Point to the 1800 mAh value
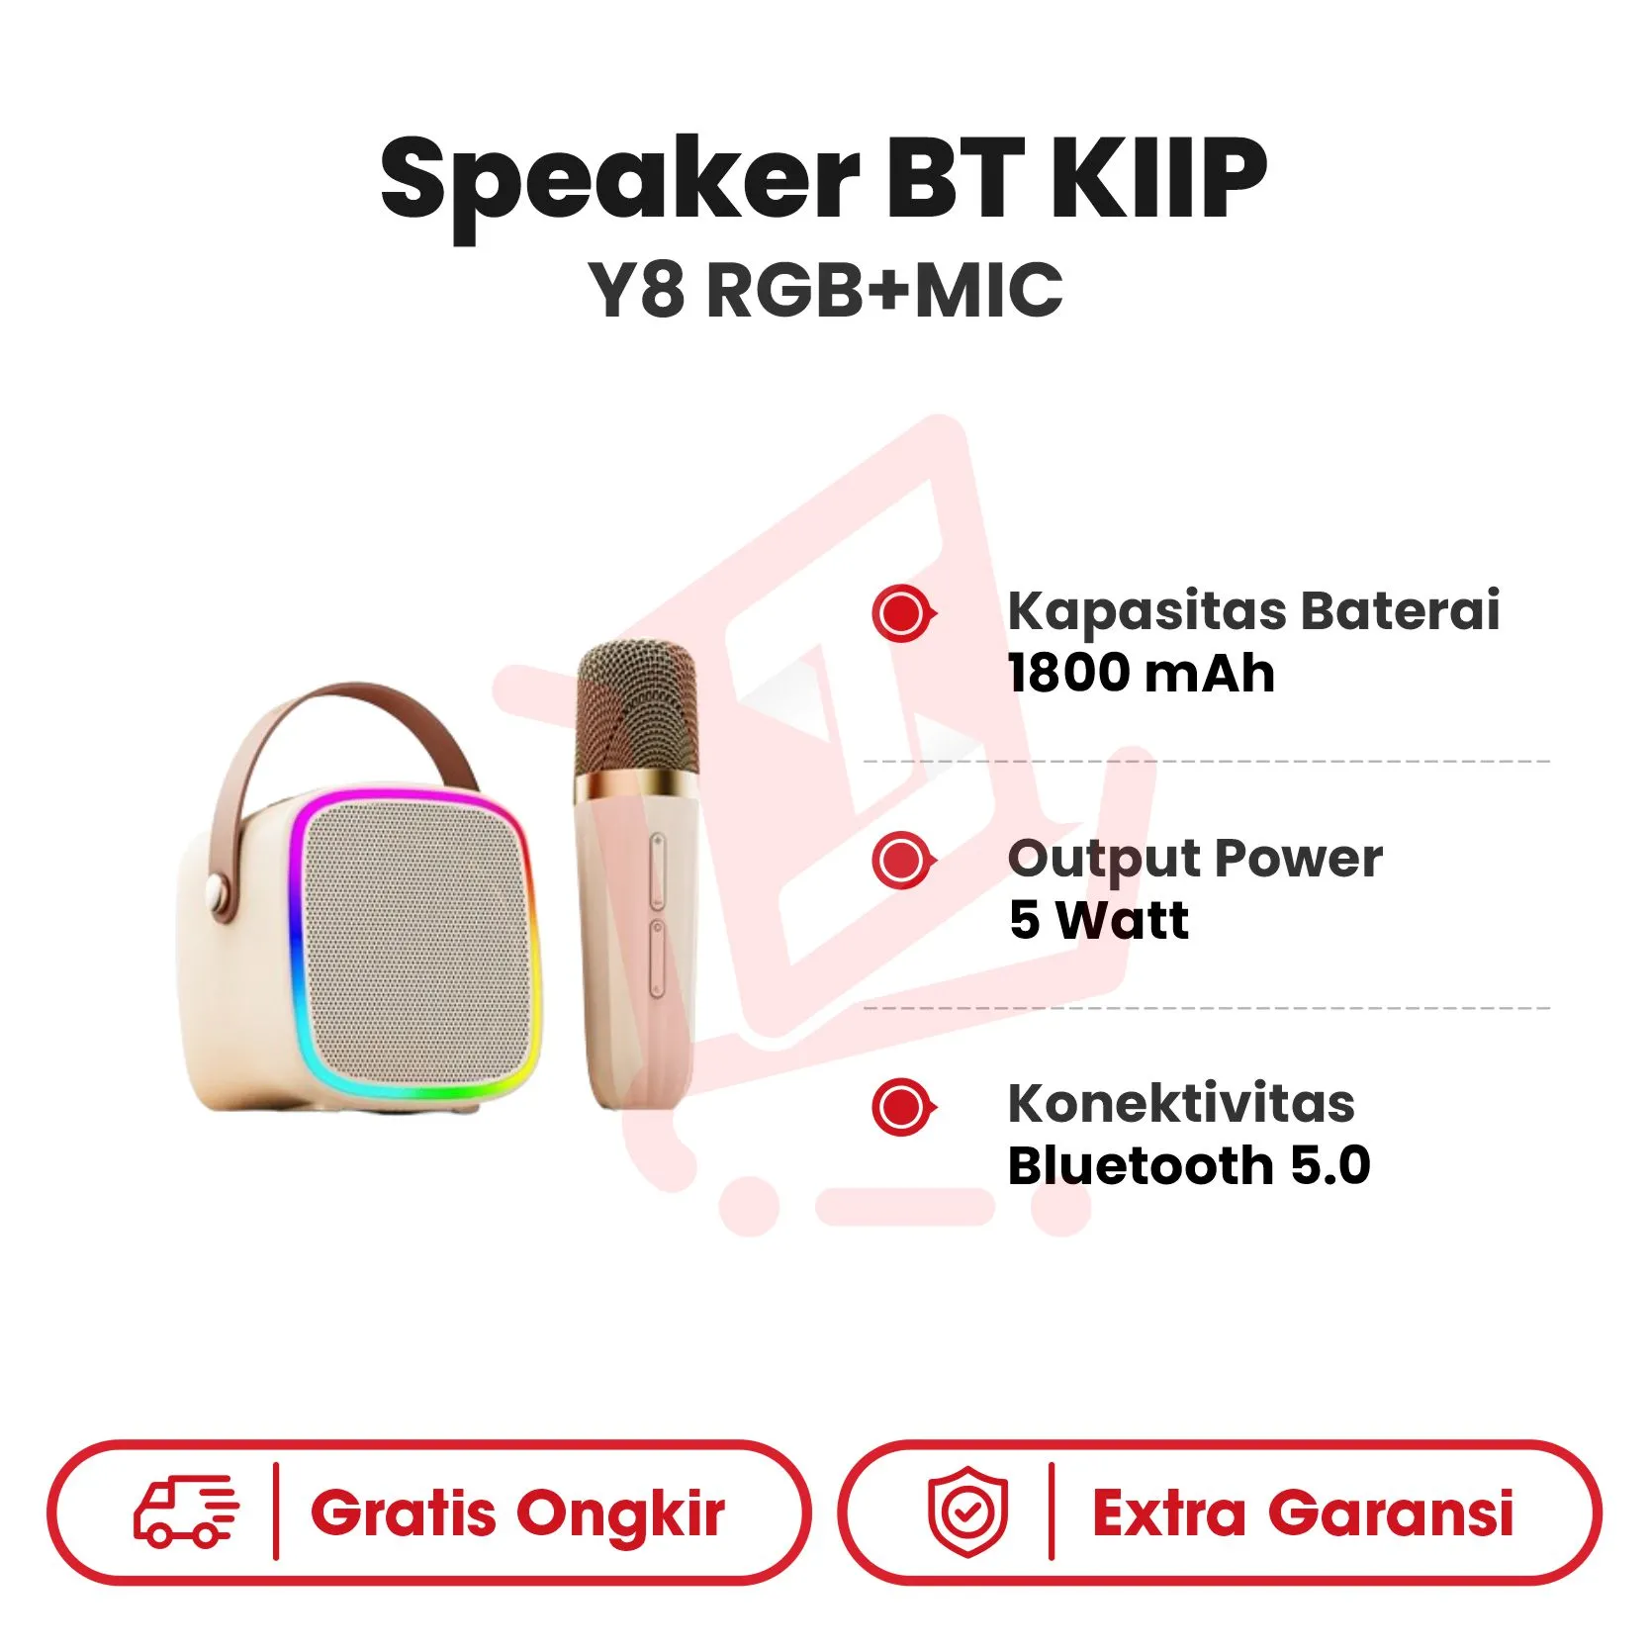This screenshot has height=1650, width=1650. coord(1142,674)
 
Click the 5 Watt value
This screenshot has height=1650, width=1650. coord(1099,920)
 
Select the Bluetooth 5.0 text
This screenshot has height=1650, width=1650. coord(1189,1165)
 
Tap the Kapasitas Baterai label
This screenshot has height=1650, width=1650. coord(1253,610)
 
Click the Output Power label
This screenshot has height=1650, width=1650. coord(1195,858)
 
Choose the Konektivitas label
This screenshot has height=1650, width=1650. coord(1181,1103)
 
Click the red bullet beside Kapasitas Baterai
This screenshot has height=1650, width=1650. coord(903,614)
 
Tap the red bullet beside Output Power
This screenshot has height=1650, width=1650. coord(903,860)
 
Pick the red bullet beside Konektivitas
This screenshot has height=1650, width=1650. coord(903,1106)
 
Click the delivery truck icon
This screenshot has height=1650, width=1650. coord(186,1512)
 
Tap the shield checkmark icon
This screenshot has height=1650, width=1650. coord(967,1511)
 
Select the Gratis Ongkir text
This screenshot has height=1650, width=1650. coord(517,1514)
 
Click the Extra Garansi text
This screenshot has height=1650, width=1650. coord(1303,1513)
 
